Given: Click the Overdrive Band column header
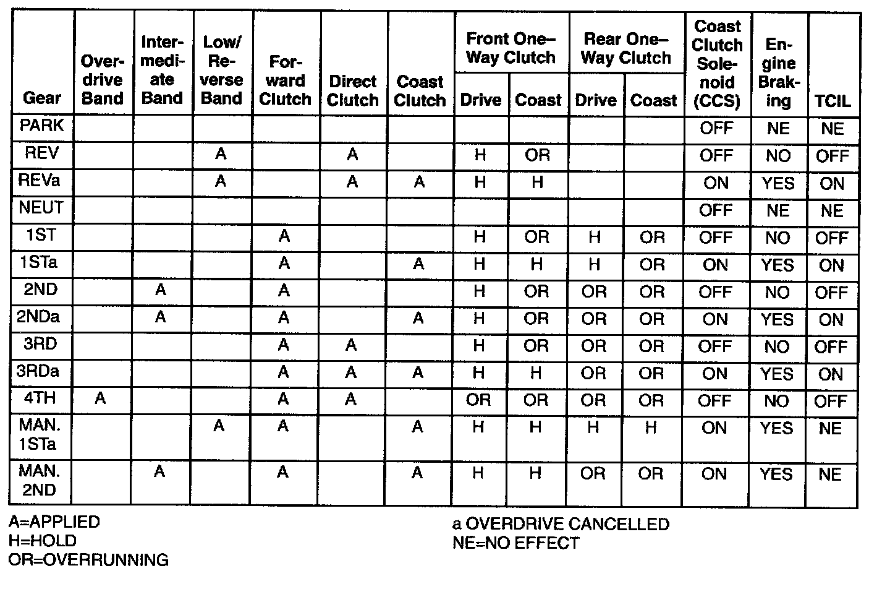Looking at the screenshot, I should pyautogui.click(x=103, y=80).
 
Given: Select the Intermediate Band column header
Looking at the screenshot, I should pyautogui.click(x=163, y=70).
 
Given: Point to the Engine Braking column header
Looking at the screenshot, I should pyautogui.click(x=779, y=72).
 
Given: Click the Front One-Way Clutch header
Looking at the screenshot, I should pyautogui.click(x=511, y=48).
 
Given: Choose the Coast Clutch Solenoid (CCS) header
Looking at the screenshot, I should pyautogui.click(x=718, y=64).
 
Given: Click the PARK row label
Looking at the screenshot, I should pyautogui.click(x=42, y=126).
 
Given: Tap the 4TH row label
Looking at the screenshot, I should pyautogui.click(x=41, y=398).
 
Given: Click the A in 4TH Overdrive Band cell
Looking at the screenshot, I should pyautogui.click(x=100, y=399).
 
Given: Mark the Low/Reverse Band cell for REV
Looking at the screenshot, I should pyautogui.click(x=221, y=154).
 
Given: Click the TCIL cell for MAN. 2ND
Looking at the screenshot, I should pyautogui.click(x=830, y=475).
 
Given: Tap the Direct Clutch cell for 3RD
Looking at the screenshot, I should pyautogui.click(x=351, y=345).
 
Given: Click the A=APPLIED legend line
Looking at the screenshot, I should pyautogui.click(x=54, y=522).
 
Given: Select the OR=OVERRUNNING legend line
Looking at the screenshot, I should pyautogui.click(x=88, y=560).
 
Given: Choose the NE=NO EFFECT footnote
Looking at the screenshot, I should pyautogui.click(x=516, y=543).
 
